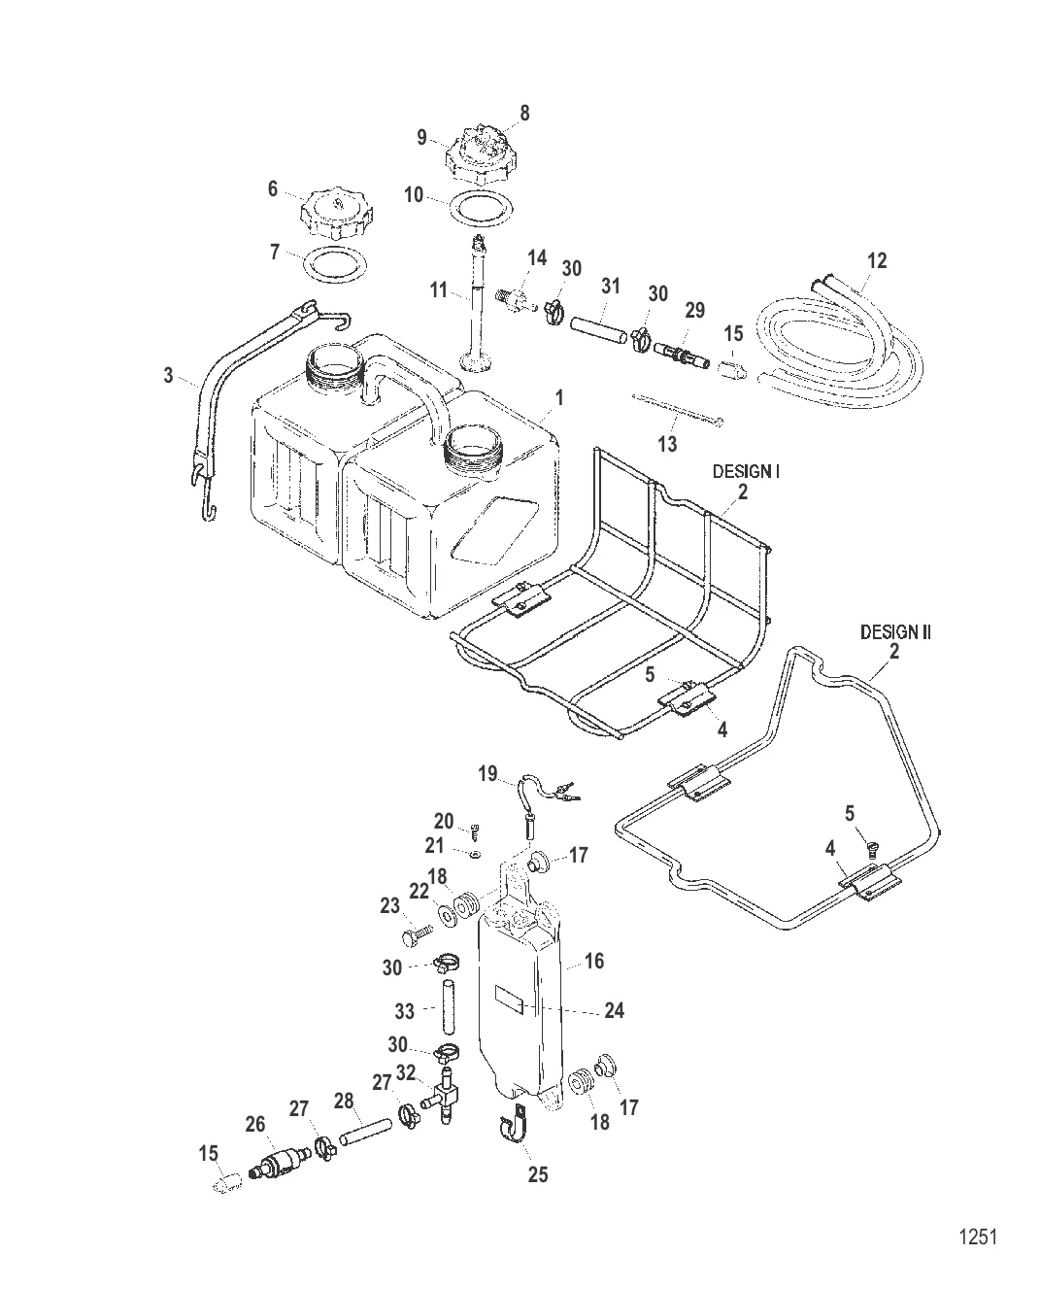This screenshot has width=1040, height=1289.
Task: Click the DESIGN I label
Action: pyautogui.click(x=747, y=471)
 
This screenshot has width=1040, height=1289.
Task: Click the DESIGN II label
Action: pyautogui.click(x=894, y=632)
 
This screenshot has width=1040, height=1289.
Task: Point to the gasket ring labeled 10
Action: pyautogui.click(x=480, y=206)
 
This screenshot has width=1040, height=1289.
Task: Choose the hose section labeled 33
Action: pyautogui.click(x=450, y=1009)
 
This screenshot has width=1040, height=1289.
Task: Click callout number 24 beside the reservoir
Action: pyautogui.click(x=614, y=1011)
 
